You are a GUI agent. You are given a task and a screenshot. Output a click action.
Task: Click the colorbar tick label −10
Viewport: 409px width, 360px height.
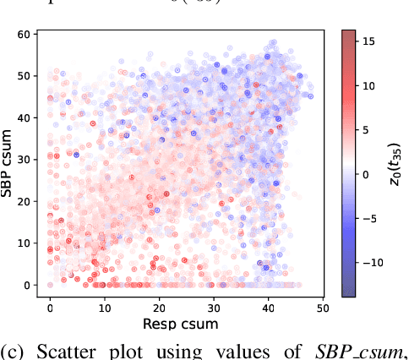[x=372, y=263]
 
